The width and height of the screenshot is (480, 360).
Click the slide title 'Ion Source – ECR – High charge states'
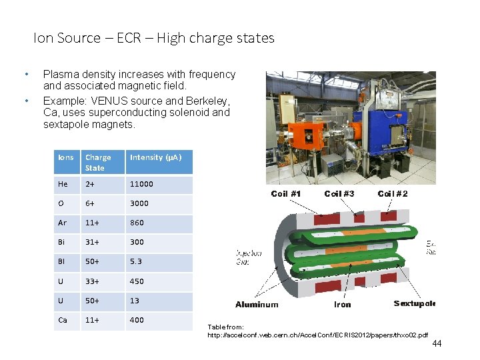[x=154, y=38]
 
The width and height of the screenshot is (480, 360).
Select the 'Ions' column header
[x=66, y=157]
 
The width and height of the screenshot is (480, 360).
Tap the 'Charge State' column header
[x=98, y=162]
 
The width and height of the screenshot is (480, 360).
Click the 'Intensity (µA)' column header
[x=155, y=157]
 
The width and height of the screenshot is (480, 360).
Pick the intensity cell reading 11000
[x=141, y=184]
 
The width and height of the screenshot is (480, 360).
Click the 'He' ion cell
[x=63, y=184]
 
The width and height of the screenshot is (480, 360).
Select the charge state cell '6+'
[x=90, y=203]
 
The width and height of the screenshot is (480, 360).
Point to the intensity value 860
[x=137, y=223]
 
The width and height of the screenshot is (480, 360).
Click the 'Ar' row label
[x=63, y=223]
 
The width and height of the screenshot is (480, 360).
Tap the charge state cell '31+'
[x=92, y=242]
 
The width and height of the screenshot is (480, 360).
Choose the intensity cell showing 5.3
[x=135, y=261]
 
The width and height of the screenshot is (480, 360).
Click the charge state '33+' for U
[x=92, y=281]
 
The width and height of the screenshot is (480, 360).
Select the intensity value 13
[x=135, y=301]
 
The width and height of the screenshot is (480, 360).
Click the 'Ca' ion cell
[x=63, y=320]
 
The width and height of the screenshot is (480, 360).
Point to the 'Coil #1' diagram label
[x=286, y=193]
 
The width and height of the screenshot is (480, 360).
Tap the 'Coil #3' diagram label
[x=339, y=193]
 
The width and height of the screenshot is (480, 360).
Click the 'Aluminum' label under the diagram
[x=257, y=305]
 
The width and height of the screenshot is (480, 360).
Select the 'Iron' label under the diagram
[x=342, y=305]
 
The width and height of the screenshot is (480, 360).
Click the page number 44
[x=437, y=343]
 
